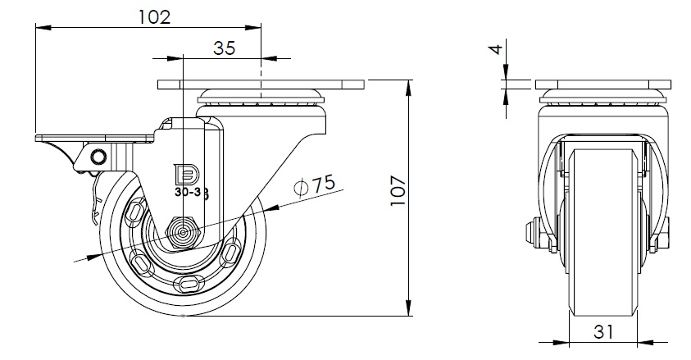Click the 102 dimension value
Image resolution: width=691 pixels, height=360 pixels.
[154, 17]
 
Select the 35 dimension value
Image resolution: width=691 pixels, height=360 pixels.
[225, 48]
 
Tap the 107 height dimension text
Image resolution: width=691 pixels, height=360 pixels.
[398, 190]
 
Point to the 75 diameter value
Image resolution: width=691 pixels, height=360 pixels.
[324, 183]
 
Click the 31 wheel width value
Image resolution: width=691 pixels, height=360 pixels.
[603, 331]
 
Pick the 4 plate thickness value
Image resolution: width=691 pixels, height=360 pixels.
[497, 48]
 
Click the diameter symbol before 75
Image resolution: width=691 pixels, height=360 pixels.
[301, 188]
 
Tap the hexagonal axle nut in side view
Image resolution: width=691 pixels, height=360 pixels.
[183, 233]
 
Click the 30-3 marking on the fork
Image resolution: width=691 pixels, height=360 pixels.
[186, 193]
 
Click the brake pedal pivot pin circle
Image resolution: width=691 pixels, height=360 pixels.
[98, 157]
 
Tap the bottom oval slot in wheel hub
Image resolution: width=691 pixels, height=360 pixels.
[191, 285]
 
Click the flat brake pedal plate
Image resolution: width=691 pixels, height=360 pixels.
[94, 139]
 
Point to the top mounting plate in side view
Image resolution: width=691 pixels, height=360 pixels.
[261, 84]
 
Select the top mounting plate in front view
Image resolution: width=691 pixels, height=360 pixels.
[603, 84]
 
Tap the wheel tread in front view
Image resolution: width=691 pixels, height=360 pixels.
[603, 232]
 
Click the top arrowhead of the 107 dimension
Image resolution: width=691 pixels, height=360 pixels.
[409, 87]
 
